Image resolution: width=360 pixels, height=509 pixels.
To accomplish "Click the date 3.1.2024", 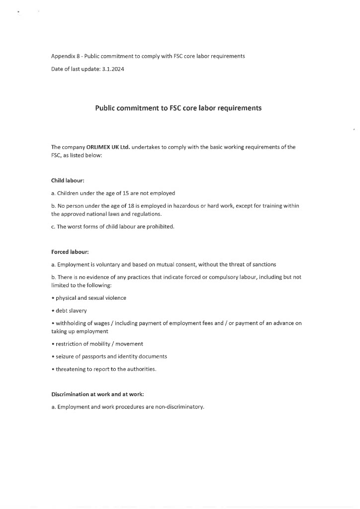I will [112, 69].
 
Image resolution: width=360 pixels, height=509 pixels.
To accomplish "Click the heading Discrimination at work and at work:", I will [97, 394].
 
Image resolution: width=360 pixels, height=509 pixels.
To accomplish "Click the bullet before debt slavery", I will [53, 311].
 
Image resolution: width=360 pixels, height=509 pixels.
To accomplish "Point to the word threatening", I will [71, 369].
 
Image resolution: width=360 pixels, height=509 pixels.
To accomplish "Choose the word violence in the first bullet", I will [115, 298].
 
